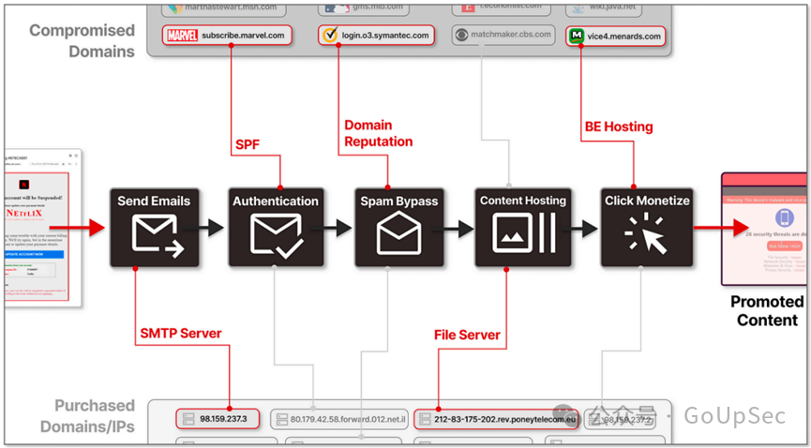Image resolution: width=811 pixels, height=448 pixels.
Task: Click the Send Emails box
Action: coord(154,226)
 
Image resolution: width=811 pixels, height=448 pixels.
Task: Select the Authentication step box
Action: coord(275,226)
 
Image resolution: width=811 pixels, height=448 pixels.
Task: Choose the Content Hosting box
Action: coord(522,226)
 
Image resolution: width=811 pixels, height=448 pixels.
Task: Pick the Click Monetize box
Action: coord(646,226)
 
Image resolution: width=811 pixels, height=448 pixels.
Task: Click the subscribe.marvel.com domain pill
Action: coord(226,36)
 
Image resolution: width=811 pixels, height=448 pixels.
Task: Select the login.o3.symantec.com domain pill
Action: coord(376,36)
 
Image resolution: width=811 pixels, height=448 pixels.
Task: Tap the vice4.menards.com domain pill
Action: coord(616,37)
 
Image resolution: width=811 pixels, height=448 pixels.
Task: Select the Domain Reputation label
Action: coord(378,133)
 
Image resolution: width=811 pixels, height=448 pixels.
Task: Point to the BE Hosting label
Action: coord(618,127)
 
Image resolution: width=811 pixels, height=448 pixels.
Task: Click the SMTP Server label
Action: coord(180,334)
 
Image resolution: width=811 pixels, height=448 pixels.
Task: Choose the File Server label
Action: coord(467,335)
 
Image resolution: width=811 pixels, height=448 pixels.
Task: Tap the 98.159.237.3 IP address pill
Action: coord(217,418)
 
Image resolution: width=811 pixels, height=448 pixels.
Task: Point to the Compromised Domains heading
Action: coord(82,40)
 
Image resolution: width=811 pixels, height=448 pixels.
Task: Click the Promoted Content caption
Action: coord(767,310)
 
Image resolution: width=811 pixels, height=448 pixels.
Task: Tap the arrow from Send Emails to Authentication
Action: coord(214,227)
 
